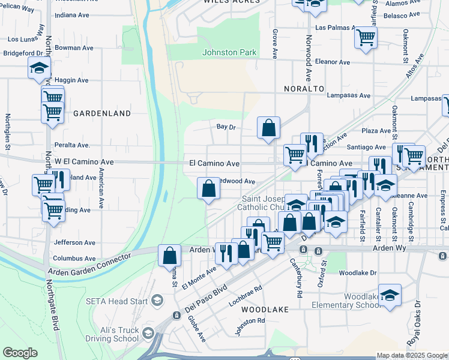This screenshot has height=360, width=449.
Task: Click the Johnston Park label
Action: [229, 52]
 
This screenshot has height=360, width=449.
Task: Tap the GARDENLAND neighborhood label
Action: [102, 113]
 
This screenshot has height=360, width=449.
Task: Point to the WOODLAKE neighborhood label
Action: [265, 310]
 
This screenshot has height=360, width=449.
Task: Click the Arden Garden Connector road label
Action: [89, 264]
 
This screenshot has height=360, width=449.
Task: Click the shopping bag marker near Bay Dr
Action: [268, 128]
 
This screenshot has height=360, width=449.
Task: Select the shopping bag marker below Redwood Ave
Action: [208, 189]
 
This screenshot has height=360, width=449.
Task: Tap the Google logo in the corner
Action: [20, 353]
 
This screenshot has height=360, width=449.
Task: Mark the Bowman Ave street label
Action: [74, 47]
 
